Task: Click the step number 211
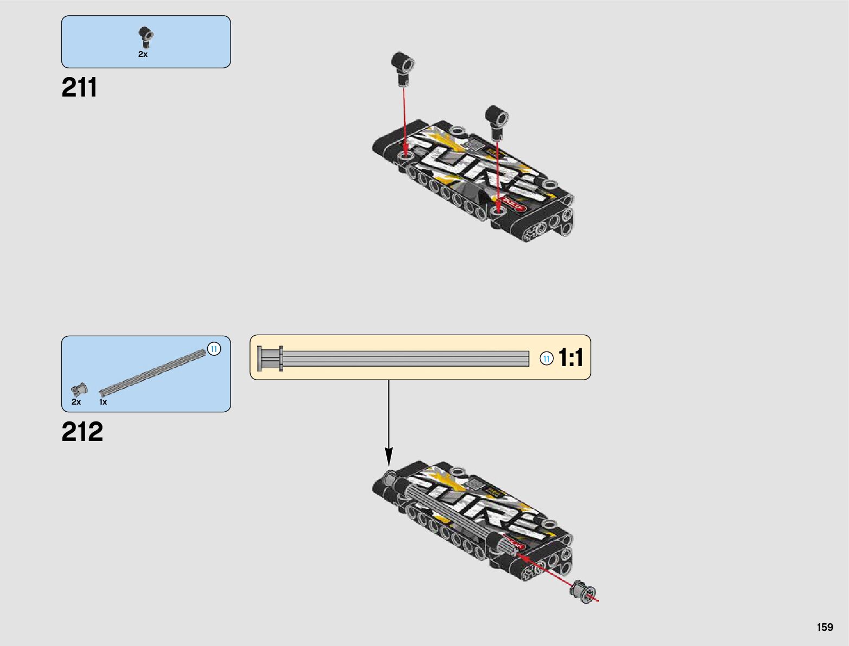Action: [x=80, y=87]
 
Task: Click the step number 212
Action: [x=82, y=432]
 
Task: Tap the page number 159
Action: [x=825, y=627]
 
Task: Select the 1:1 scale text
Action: [x=571, y=358]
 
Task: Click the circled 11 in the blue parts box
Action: [x=214, y=349]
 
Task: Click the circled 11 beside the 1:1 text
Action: [x=547, y=359]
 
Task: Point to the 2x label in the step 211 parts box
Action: [x=143, y=54]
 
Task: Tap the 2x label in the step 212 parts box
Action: [x=76, y=402]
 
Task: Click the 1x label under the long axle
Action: [x=103, y=402]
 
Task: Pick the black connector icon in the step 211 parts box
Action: [x=145, y=37]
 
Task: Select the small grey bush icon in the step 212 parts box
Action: [x=79, y=389]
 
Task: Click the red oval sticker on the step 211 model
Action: [x=513, y=206]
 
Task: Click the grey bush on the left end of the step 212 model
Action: [x=390, y=478]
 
